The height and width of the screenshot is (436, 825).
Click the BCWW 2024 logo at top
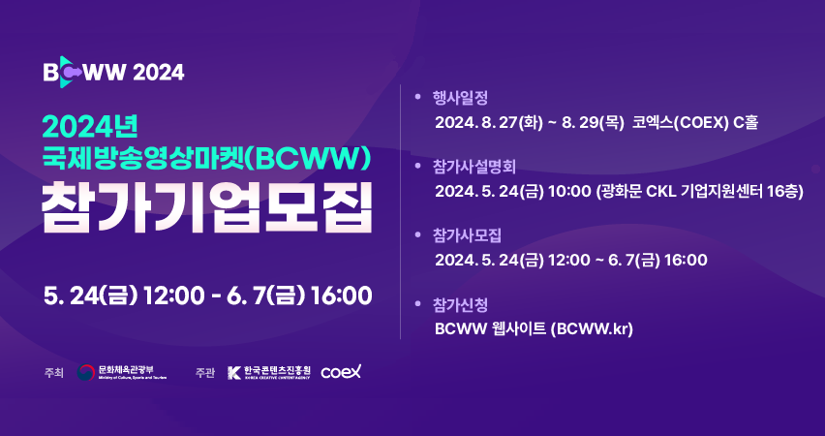pos(113,72)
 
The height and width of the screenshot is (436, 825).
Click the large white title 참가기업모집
pos(207,207)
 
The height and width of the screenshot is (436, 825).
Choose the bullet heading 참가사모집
pos(468,234)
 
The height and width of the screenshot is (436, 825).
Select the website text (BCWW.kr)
pos(592,329)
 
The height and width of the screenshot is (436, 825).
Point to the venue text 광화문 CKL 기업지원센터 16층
pos(700,192)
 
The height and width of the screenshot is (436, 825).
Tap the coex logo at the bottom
pos(341,372)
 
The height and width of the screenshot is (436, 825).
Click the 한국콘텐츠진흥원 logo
pos(269,372)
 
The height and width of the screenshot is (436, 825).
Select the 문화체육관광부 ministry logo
pos(122,372)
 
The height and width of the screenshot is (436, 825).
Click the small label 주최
pos(53,373)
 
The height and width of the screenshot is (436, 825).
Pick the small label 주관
pos(204,373)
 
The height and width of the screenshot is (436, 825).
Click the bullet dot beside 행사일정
pos(418,97)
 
